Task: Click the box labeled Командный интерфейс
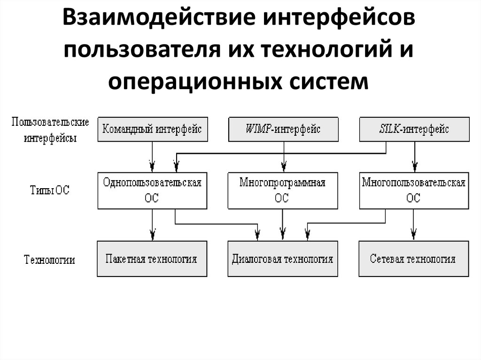(x=152, y=129)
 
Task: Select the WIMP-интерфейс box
(x=283, y=129)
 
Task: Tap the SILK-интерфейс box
(x=414, y=129)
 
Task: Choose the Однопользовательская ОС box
(x=152, y=191)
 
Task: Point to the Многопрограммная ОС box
(x=283, y=191)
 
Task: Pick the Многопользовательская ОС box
(x=414, y=191)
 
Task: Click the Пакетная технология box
(x=152, y=259)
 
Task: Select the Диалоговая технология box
(x=283, y=259)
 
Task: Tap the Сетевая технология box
(x=414, y=259)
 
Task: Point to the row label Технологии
(x=49, y=260)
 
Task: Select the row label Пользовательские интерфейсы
(x=50, y=130)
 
